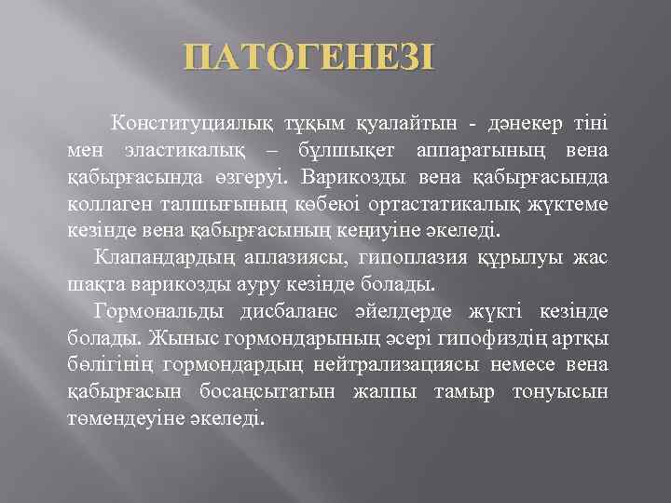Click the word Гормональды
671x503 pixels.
[x=159, y=310]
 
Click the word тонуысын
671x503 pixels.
[x=560, y=389]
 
